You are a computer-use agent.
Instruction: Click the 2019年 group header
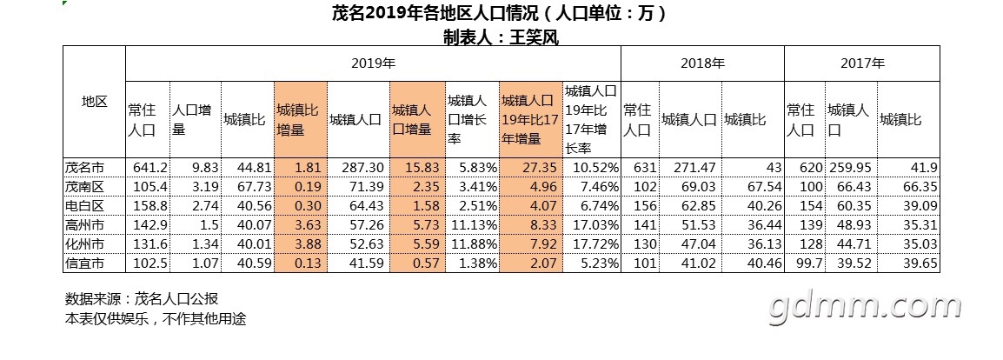click(x=373, y=63)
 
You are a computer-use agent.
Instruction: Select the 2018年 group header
click(x=702, y=63)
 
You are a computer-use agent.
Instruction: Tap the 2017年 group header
click(x=861, y=63)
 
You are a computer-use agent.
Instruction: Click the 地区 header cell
click(x=94, y=102)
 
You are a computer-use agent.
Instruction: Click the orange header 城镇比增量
click(x=300, y=120)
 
